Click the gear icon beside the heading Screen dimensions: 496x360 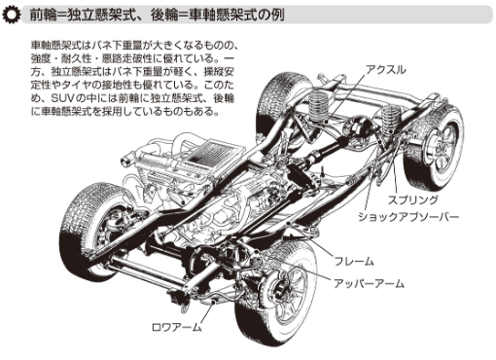pos(12,15)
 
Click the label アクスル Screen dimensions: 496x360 pos(385,70)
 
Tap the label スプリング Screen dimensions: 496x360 pos(413,199)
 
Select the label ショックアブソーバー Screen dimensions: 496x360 pos(408,217)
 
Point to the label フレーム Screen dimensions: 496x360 pos(354,262)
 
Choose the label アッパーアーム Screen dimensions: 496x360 pos(369,283)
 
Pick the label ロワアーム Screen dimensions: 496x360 pos(177,327)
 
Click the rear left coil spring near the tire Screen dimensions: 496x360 pos(318,106)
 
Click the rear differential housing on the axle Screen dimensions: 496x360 pos(357,127)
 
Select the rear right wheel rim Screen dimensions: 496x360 pos(443,147)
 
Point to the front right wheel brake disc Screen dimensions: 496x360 pos(283,289)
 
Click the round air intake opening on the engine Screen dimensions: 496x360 pos(125,161)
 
